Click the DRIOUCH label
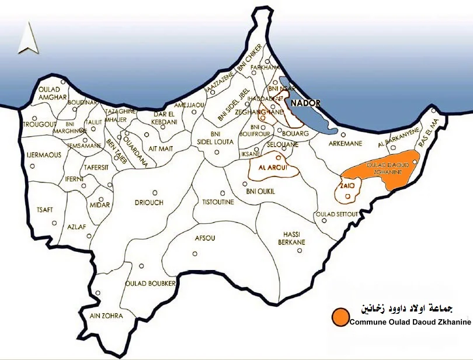(150, 202)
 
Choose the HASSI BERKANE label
(294, 238)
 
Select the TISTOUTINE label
(218, 202)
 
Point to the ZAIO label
(347, 186)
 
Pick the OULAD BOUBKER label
(151, 283)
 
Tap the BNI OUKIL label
(260, 191)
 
